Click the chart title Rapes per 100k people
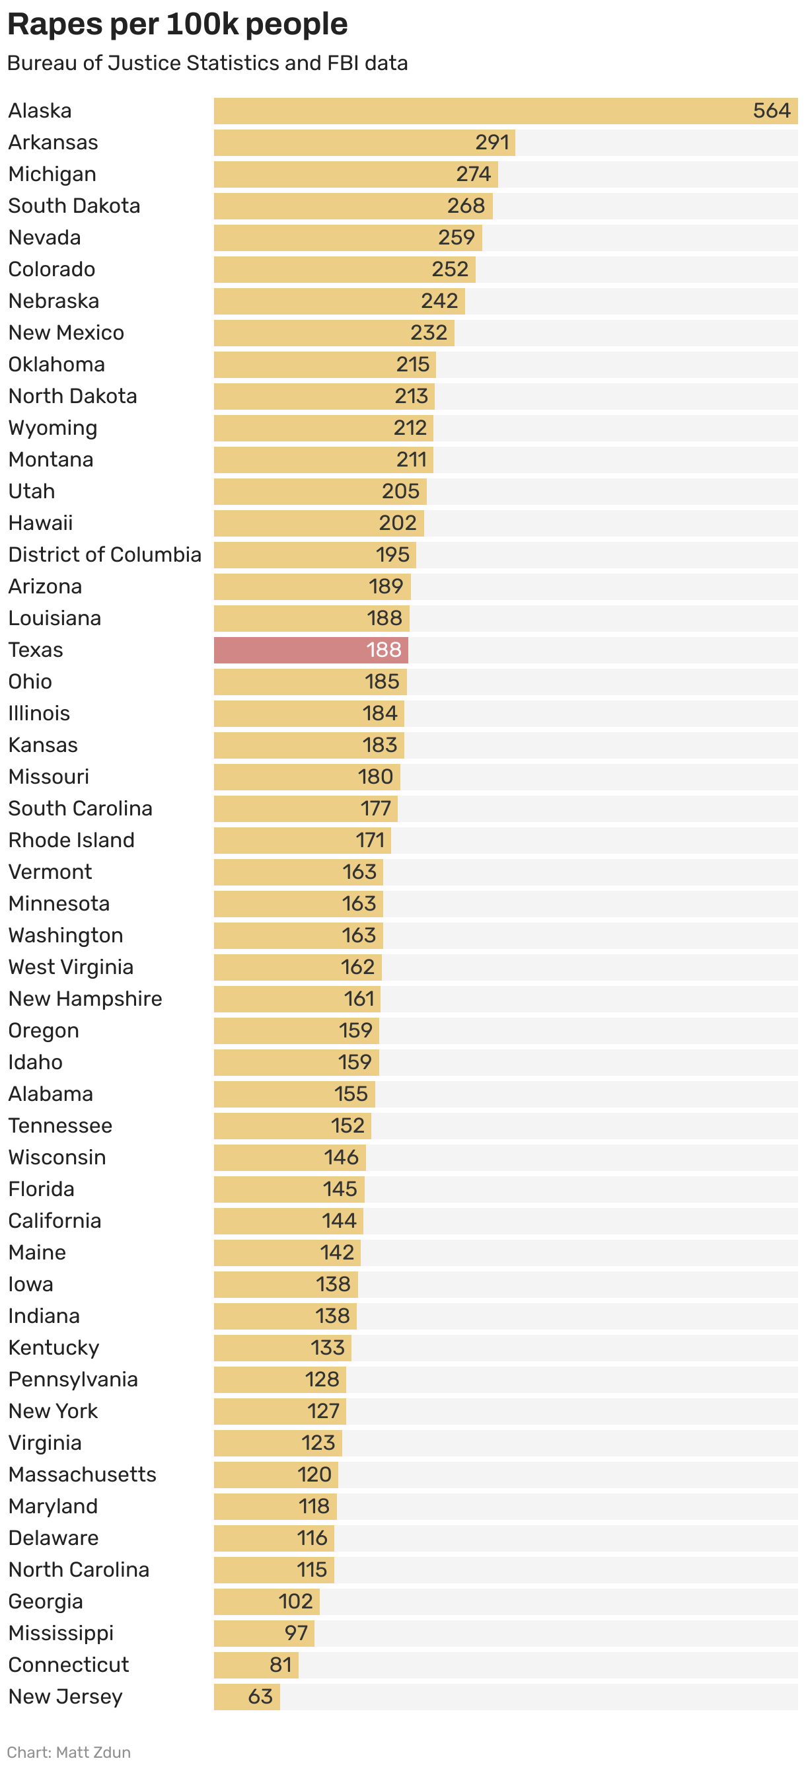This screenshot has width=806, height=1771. [x=177, y=24]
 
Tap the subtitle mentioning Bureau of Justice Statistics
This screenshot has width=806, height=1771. [x=207, y=63]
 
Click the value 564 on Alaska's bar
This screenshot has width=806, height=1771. [x=772, y=111]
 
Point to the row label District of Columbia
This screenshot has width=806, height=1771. [x=104, y=555]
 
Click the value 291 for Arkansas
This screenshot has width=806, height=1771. [x=492, y=142]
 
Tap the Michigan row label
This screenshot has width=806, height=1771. [x=52, y=174]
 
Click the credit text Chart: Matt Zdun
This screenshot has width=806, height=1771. [x=69, y=1752]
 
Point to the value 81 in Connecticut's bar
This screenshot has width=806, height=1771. [x=280, y=1665]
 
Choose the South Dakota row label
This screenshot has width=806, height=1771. [x=74, y=206]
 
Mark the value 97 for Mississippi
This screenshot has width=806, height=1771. [x=295, y=1634]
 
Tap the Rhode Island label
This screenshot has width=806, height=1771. [x=71, y=840]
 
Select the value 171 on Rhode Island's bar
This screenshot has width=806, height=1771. [x=370, y=840]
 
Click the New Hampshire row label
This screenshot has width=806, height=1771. [x=85, y=999]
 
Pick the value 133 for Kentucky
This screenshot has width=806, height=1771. [x=327, y=1348]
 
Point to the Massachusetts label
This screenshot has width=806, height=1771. [x=83, y=1475]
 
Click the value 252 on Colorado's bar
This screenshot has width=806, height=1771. [x=449, y=270]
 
